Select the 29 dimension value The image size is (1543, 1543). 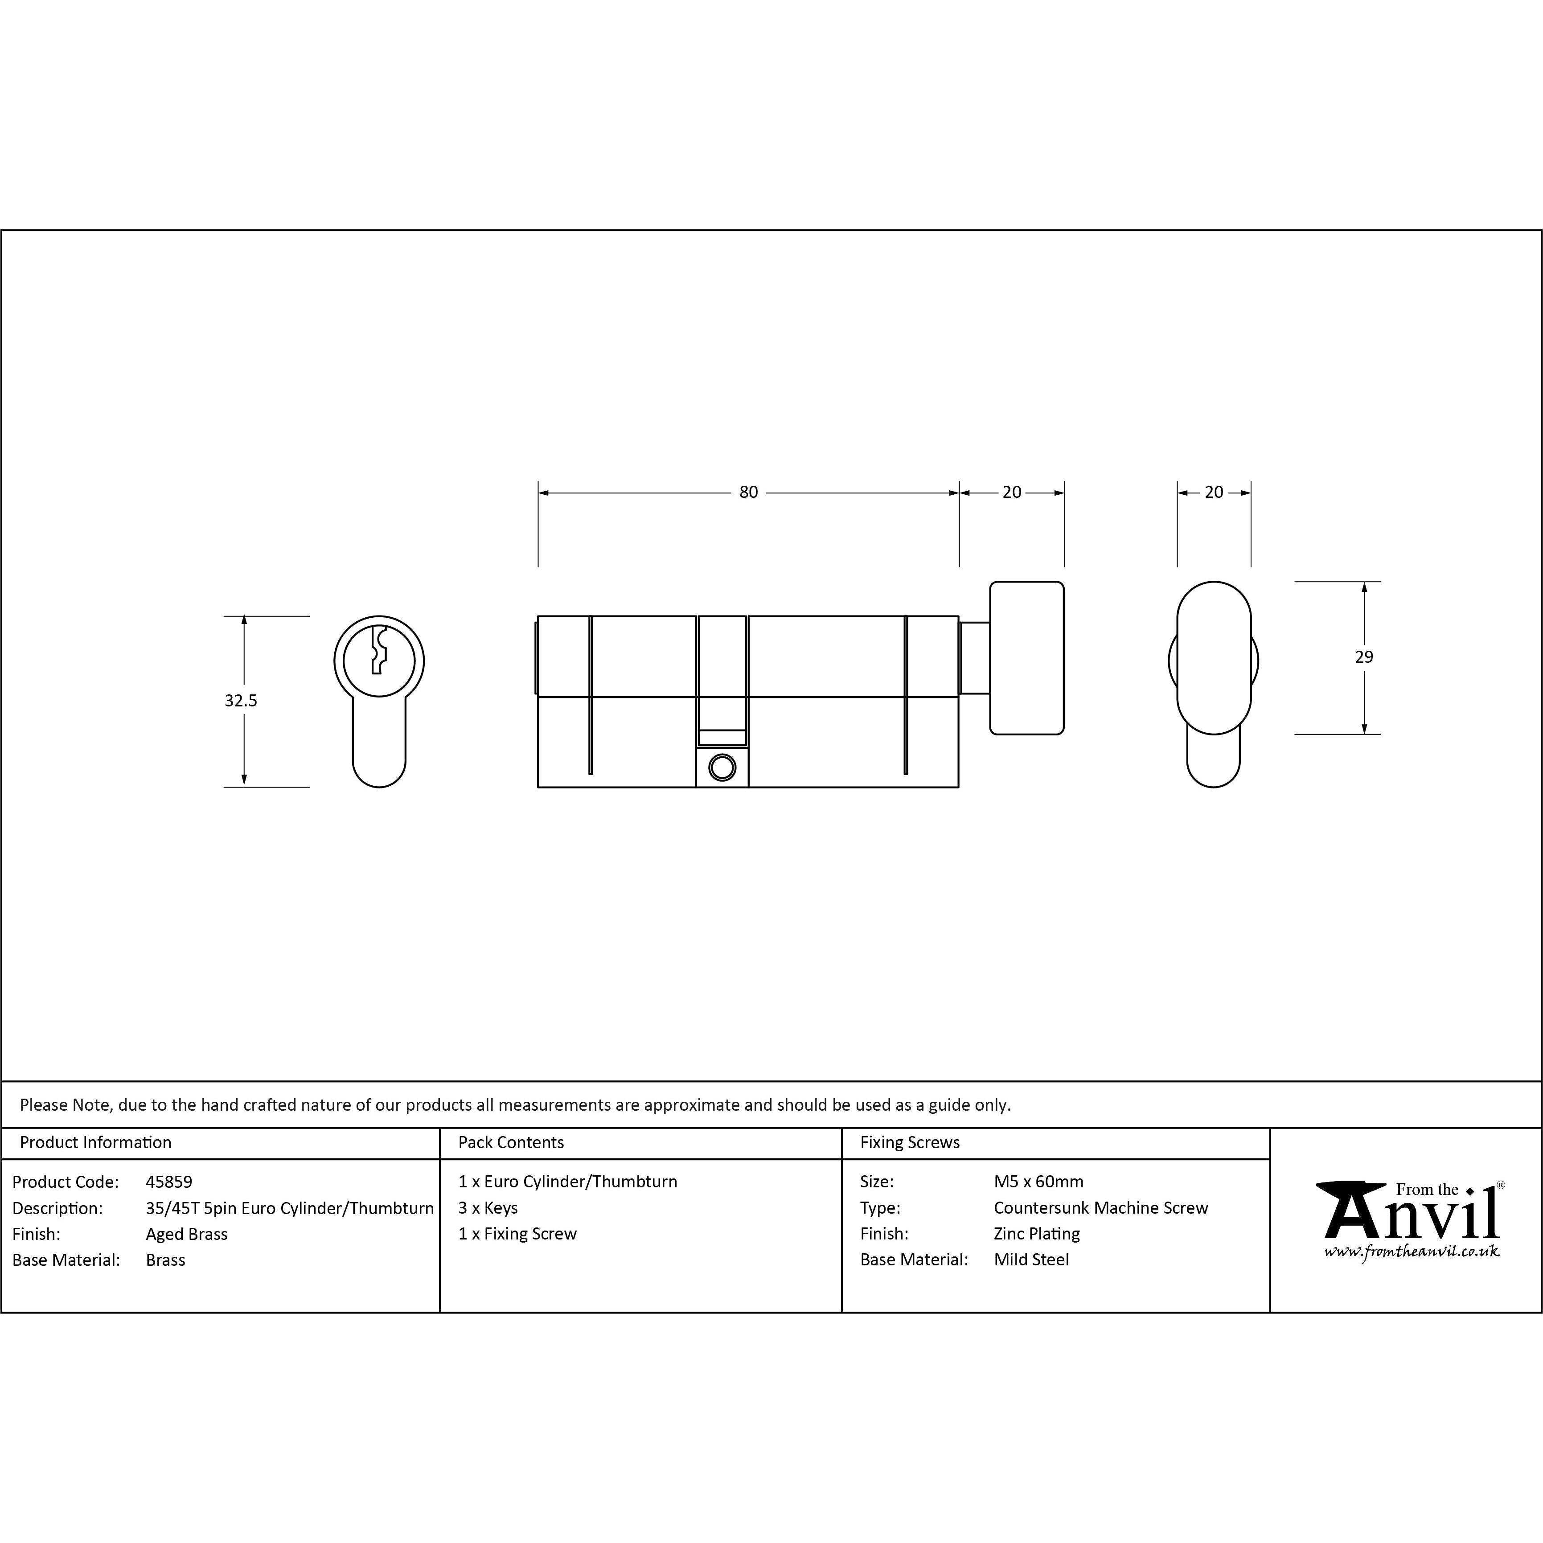[x=1364, y=657]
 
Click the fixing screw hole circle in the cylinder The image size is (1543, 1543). [x=722, y=767]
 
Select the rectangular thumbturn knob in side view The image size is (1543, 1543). [x=1027, y=658]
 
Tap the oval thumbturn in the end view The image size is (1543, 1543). [x=1214, y=658]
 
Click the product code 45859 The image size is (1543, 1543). [x=169, y=1182]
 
